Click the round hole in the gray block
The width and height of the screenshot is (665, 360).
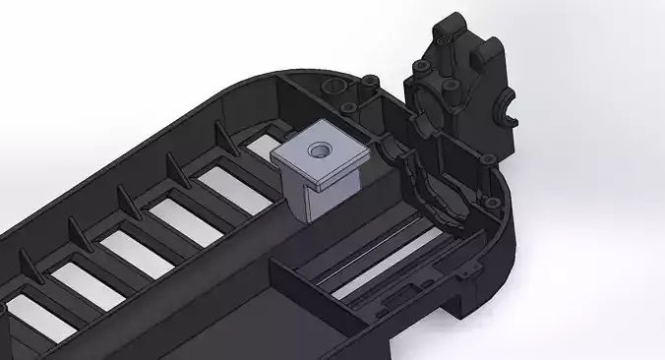point(319,150)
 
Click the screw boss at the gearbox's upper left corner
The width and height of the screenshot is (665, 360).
point(419,67)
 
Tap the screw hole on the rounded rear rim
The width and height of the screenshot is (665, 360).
point(485,200)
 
